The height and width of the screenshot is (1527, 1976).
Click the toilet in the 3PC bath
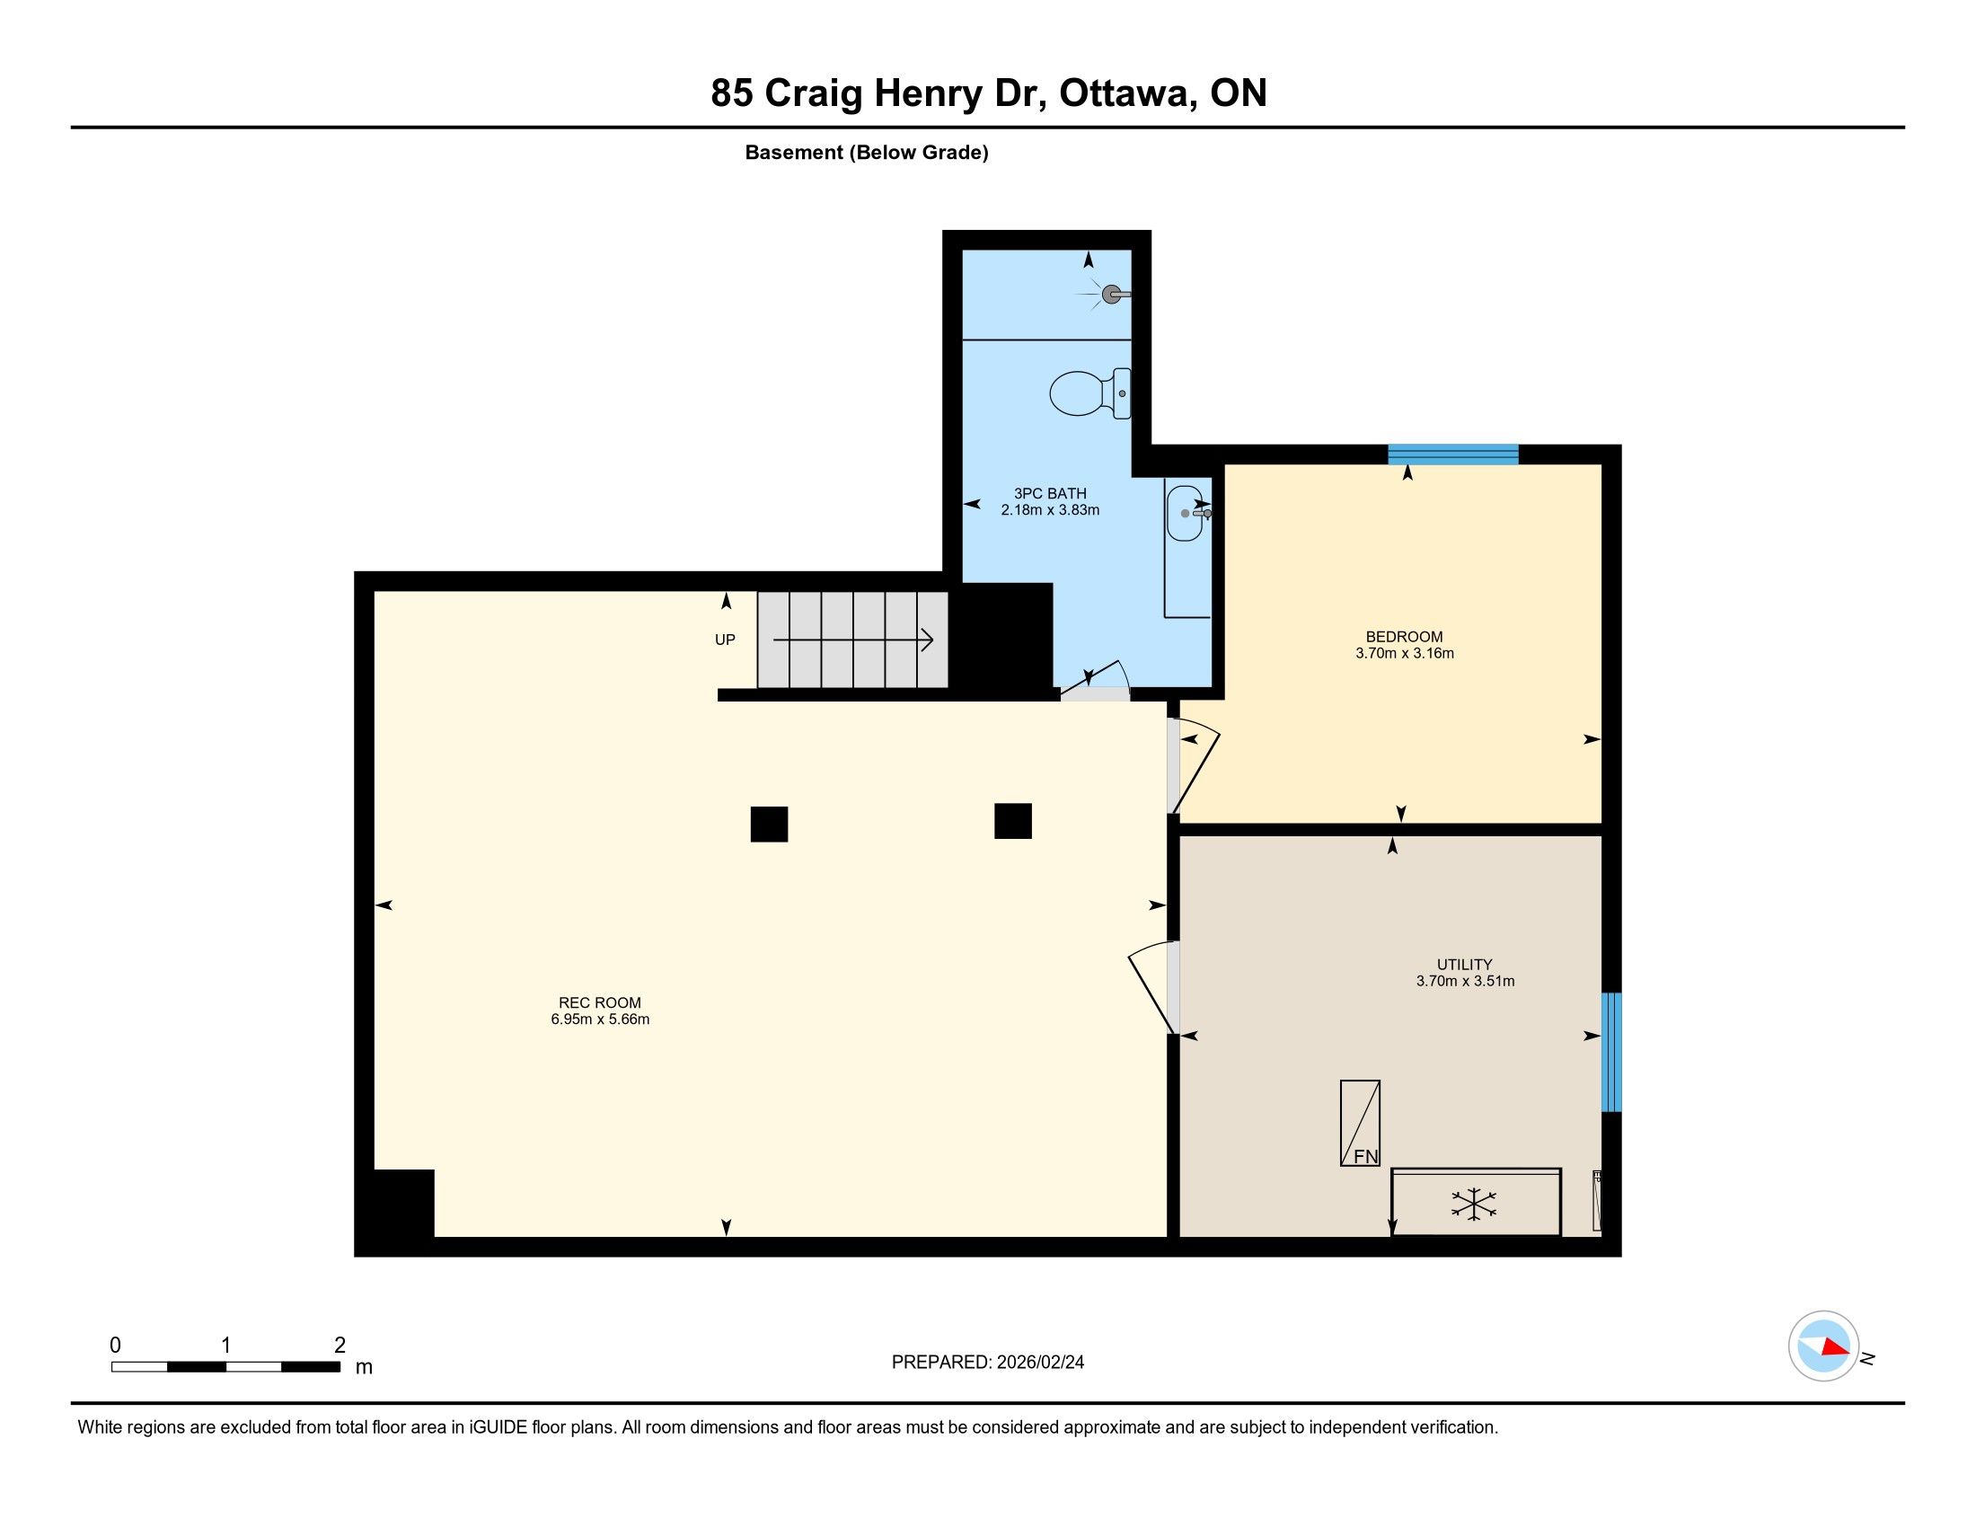(x=1090, y=393)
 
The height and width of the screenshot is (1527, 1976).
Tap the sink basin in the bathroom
(x=1185, y=513)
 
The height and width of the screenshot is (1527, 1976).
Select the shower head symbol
(x=1112, y=294)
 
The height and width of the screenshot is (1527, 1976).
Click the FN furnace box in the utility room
(x=1360, y=1123)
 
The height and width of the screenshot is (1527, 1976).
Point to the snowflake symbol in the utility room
(x=1474, y=1204)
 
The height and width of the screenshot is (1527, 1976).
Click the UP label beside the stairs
(x=725, y=640)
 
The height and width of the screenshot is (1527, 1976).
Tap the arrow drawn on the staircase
(x=853, y=640)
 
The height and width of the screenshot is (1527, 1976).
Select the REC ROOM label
(x=600, y=1002)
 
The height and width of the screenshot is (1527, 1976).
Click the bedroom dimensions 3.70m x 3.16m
(x=1404, y=653)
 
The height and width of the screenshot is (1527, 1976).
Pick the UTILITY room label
(x=1465, y=965)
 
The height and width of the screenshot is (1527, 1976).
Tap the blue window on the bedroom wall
(x=1453, y=455)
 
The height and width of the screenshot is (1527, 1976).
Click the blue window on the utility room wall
(x=1611, y=1052)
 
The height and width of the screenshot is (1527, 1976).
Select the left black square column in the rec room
(x=769, y=824)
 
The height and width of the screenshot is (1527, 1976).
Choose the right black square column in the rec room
(x=1013, y=821)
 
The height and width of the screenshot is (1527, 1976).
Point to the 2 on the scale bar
(x=340, y=1346)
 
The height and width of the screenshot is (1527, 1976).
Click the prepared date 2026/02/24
(x=1040, y=1363)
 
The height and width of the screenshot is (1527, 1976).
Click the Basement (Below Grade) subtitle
(x=867, y=153)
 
